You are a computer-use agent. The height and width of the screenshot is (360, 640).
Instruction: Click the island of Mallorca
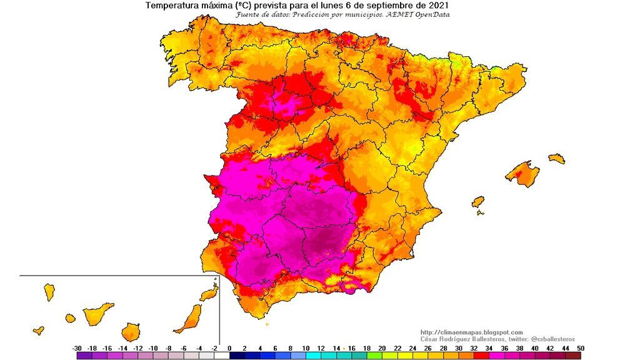tap(522, 173)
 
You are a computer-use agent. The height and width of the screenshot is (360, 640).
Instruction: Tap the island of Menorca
tap(556, 158)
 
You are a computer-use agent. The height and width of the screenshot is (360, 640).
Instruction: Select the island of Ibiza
tap(478, 202)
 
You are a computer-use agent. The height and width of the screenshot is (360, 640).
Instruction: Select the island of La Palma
tap(49, 291)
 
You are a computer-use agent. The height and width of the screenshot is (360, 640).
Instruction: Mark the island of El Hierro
tap(39, 329)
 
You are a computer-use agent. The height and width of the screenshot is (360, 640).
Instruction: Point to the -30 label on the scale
tap(77, 347)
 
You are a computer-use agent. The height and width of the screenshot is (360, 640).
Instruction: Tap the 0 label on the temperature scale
tap(229, 347)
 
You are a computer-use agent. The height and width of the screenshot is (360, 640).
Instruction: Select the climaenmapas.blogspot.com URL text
tap(472, 332)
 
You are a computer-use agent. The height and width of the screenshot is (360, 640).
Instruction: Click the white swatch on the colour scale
tap(222, 355)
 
